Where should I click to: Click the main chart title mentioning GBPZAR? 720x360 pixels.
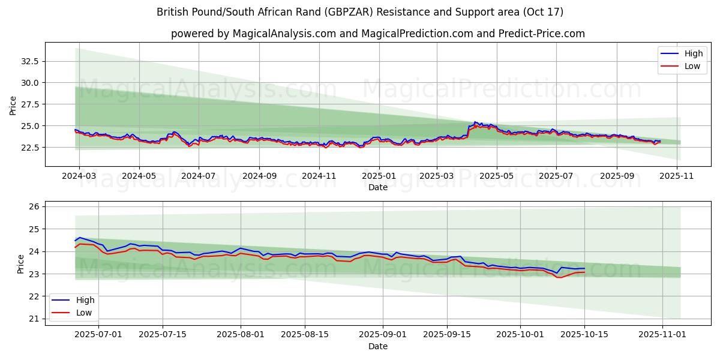coord(360,12)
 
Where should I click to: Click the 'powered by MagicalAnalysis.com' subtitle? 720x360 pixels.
coord(378,34)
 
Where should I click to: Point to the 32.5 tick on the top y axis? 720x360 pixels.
coord(30,61)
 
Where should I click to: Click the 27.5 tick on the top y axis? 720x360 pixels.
coord(30,104)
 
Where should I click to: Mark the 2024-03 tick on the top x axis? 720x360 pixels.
coord(79,177)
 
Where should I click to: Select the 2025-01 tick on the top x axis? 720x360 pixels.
coord(379,177)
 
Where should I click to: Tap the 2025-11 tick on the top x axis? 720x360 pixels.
coord(677,177)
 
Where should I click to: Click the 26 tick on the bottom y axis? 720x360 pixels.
coord(34,206)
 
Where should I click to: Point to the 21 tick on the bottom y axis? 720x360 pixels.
coord(34,319)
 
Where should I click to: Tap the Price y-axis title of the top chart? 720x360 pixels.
coord(13,106)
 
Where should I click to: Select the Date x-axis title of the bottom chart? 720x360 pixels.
coord(378,346)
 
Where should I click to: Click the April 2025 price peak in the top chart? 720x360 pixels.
coord(475,122)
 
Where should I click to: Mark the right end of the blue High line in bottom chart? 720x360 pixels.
coord(584,268)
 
